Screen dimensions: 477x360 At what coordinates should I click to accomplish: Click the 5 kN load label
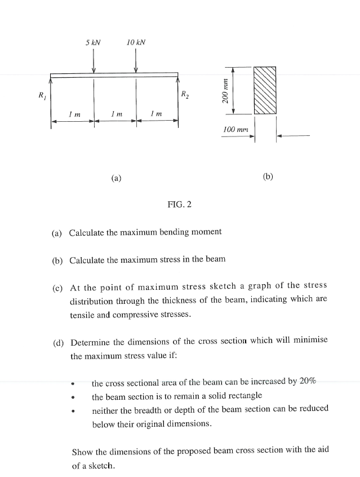93,42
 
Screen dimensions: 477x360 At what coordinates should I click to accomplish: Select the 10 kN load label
136,42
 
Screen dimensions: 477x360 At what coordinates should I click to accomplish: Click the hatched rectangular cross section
265,91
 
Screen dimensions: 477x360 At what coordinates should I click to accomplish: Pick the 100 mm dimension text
235,130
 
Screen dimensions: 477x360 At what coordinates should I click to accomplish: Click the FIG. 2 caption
179,204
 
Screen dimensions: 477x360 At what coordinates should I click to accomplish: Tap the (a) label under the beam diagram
116,178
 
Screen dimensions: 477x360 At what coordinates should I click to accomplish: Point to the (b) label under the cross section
268,176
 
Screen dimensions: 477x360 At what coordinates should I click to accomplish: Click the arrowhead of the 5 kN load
94,70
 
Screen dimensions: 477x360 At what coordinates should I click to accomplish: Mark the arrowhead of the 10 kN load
136,70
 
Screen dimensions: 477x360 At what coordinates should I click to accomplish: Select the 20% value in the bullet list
308,381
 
